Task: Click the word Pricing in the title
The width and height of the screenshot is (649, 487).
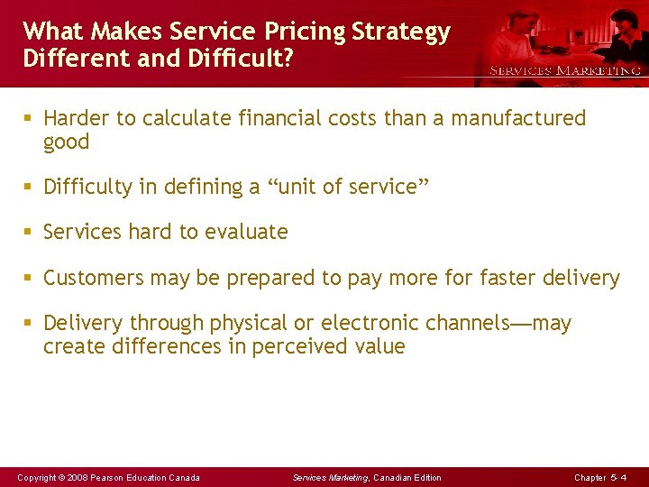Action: (306, 32)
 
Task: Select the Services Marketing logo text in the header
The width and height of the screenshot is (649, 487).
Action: (565, 70)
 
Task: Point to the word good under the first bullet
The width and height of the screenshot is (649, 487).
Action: (67, 142)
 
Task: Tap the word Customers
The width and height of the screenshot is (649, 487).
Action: (94, 278)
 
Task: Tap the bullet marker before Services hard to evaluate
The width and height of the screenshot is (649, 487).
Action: (30, 233)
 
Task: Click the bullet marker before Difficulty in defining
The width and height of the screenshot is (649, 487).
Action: (30, 188)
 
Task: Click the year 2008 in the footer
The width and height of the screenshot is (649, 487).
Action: (77, 477)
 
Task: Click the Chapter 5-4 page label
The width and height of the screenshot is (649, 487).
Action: (599, 477)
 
